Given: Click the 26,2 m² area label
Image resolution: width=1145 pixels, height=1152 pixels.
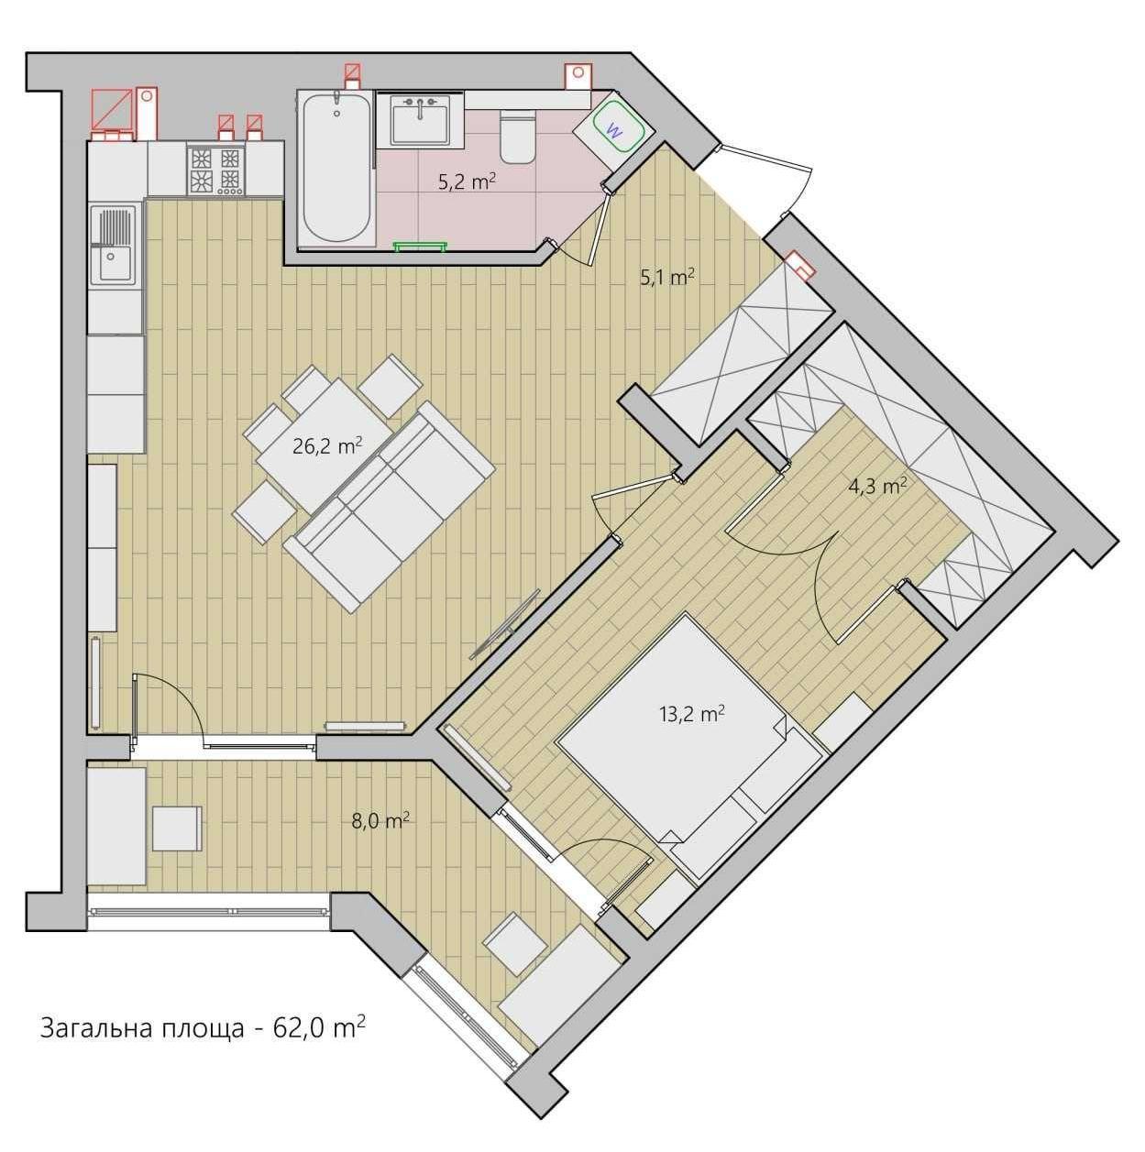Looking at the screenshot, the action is tap(327, 445).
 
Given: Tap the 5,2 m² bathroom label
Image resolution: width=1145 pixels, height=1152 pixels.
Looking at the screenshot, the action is tap(468, 181).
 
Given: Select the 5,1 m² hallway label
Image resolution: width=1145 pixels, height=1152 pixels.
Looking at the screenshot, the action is tap(667, 277).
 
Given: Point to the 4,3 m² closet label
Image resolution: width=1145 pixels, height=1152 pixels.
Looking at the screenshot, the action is tap(877, 486).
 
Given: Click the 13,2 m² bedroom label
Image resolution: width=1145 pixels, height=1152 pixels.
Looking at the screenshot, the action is tap(692, 714).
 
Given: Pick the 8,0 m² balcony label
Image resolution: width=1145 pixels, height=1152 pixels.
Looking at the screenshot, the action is tap(380, 821).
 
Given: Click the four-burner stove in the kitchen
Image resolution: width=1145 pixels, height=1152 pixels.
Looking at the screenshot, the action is tap(216, 170).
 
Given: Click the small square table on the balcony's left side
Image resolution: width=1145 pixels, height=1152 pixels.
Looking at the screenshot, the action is tap(177, 828).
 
